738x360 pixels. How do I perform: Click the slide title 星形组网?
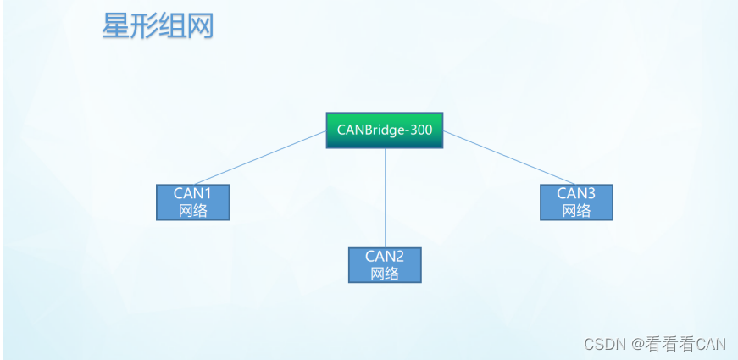(x=158, y=25)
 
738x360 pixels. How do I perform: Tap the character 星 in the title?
(x=116, y=25)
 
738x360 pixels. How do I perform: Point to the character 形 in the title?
(x=144, y=25)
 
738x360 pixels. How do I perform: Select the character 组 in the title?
(x=172, y=25)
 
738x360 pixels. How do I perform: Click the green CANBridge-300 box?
(x=385, y=130)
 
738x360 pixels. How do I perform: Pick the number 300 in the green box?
(x=420, y=130)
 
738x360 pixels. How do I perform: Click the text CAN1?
(x=192, y=193)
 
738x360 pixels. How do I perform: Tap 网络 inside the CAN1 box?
(x=192, y=210)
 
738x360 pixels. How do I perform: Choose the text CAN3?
(x=576, y=193)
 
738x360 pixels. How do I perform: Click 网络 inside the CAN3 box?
(x=576, y=210)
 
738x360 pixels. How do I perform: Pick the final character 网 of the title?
(x=200, y=25)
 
